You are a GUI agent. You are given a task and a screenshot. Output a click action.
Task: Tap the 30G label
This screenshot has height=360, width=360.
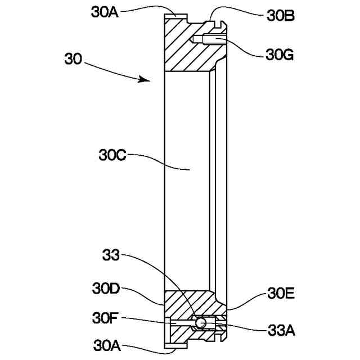point(279,55)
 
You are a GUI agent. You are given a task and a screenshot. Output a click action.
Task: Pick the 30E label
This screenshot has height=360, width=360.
point(280,294)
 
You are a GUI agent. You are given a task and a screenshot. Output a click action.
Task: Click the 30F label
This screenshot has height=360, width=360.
point(105,318)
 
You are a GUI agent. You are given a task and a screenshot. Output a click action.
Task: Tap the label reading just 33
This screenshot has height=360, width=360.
point(111,255)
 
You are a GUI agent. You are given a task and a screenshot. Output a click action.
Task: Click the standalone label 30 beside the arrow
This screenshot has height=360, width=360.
point(74,59)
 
